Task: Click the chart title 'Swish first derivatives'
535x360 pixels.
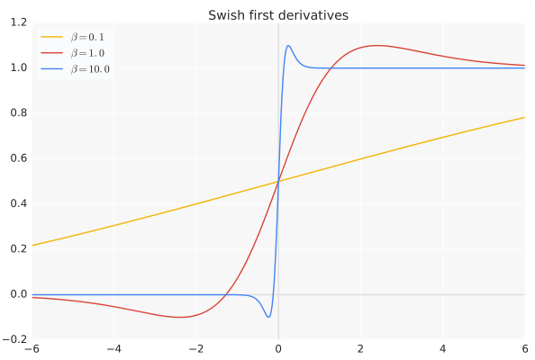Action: pos(278,15)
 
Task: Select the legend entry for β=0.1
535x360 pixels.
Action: pos(90,37)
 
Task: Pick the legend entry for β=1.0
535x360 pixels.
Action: pos(90,53)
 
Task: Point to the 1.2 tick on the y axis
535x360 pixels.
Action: pos(18,22)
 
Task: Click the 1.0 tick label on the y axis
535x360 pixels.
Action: pos(18,67)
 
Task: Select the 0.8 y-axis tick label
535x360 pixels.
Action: pos(18,113)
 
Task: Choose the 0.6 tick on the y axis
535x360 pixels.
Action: pos(18,158)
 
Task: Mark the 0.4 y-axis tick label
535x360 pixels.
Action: pos(18,203)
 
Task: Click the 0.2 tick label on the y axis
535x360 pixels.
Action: pos(18,249)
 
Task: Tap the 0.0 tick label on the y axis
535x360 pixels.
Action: pos(18,294)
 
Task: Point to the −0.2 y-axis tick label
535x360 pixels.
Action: pos(15,339)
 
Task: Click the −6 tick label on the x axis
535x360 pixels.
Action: pos(32,349)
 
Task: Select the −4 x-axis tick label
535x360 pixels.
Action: pos(113,349)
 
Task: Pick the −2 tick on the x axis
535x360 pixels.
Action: pos(195,349)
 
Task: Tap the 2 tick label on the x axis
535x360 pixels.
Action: pos(360,349)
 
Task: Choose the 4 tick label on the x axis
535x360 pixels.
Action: pos(442,349)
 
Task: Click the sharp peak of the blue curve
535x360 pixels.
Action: pos(288,46)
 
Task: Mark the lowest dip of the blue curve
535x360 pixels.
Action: pos(268,317)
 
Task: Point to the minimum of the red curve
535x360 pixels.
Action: pos(179,317)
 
